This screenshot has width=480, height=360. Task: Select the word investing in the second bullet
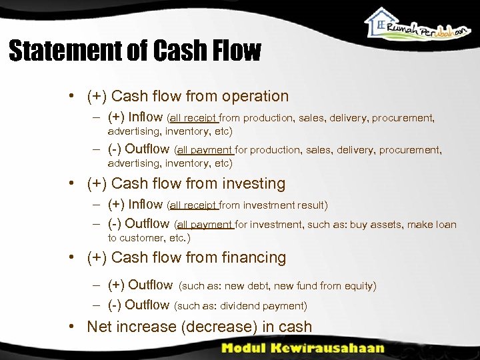pos(253,183)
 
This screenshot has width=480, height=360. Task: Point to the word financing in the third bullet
pos(253,257)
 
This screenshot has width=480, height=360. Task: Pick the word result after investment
pos(310,205)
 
